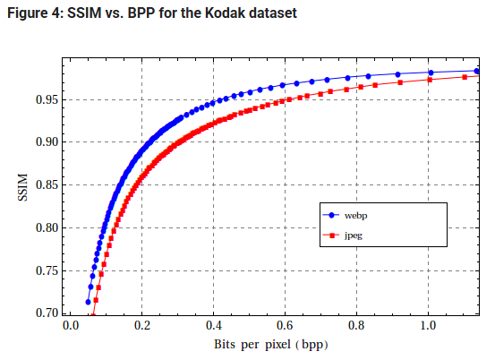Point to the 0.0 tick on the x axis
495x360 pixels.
pyautogui.click(x=71, y=326)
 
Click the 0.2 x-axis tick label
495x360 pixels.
pyautogui.click(x=142, y=326)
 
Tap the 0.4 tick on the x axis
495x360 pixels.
pyautogui.click(x=213, y=326)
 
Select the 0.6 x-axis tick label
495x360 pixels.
pyautogui.click(x=285, y=326)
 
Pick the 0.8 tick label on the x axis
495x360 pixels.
pyautogui.click(x=356, y=326)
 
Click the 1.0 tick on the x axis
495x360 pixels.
pyautogui.click(x=428, y=326)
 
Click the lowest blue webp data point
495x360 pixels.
pyautogui.click(x=88, y=302)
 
